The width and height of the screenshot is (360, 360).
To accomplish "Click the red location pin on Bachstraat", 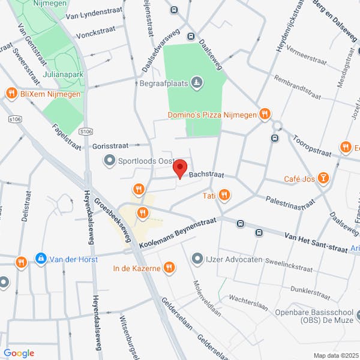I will [181, 169].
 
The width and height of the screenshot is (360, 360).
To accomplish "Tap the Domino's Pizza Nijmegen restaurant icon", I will [265, 114].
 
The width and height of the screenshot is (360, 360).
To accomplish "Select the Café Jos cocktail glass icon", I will [323, 178].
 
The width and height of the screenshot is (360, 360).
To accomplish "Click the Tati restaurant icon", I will [224, 195].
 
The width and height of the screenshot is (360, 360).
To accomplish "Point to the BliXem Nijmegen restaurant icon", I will [11, 93].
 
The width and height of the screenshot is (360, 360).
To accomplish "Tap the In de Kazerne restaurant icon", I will [170, 268].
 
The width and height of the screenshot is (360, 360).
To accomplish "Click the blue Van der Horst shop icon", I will [40, 259].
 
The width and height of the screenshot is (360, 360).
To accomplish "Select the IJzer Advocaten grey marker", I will [197, 259].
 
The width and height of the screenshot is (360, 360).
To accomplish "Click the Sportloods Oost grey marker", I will [109, 160].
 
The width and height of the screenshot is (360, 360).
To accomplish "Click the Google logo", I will [19, 353].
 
